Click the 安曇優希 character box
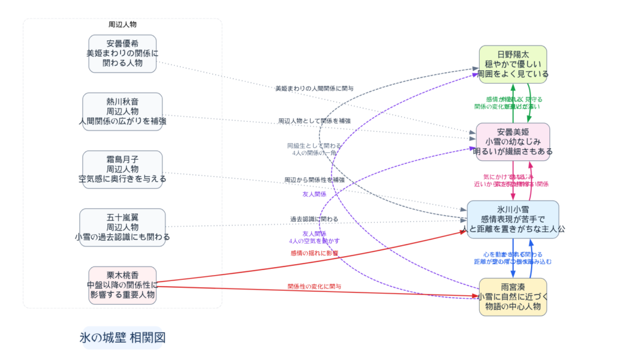[x=122, y=54]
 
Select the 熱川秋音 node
[x=122, y=112]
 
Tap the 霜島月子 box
[x=122, y=170]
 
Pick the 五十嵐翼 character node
[x=122, y=227]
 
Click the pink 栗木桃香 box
[x=122, y=285]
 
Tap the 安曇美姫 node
[x=513, y=141]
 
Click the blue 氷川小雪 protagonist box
[x=513, y=219]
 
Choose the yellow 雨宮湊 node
[x=513, y=297]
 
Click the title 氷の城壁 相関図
[x=123, y=338]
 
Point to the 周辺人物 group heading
[x=122, y=25]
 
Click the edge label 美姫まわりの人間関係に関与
[x=314, y=89]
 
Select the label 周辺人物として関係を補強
[x=314, y=121]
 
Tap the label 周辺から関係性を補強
[x=314, y=180]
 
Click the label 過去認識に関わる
[x=314, y=219]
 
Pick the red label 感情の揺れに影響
[x=314, y=252]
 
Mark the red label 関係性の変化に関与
[x=314, y=286]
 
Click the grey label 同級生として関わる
[x=314, y=146]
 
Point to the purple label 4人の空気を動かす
[x=314, y=241]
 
